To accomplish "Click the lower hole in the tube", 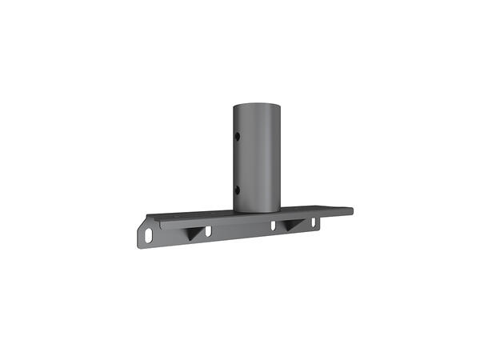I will click(237, 189).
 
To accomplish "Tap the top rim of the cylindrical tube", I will click(257, 104).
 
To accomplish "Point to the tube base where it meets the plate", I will click(257, 210).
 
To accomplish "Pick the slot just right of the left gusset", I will click(208, 232).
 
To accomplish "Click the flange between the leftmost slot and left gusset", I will click(170, 234).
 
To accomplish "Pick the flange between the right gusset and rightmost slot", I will click(306, 226).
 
